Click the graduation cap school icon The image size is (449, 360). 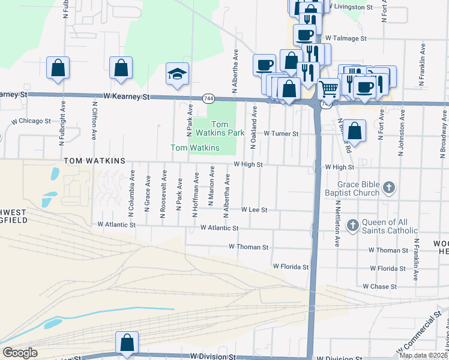pos(177,74)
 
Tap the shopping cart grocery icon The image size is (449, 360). pos(328,89)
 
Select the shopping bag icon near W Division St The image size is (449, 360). pos(127,343)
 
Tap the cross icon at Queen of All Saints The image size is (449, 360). pos(352,226)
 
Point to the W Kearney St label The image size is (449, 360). pos(125,96)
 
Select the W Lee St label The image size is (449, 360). pos(254,210)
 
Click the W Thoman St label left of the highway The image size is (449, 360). pos(248,247)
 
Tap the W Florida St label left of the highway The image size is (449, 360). pos(291,266)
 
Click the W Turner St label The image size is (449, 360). pos(281,134)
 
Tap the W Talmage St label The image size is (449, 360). pos(345,38)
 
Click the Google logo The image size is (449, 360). pos(20,353)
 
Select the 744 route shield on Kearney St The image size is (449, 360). pos(208,98)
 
